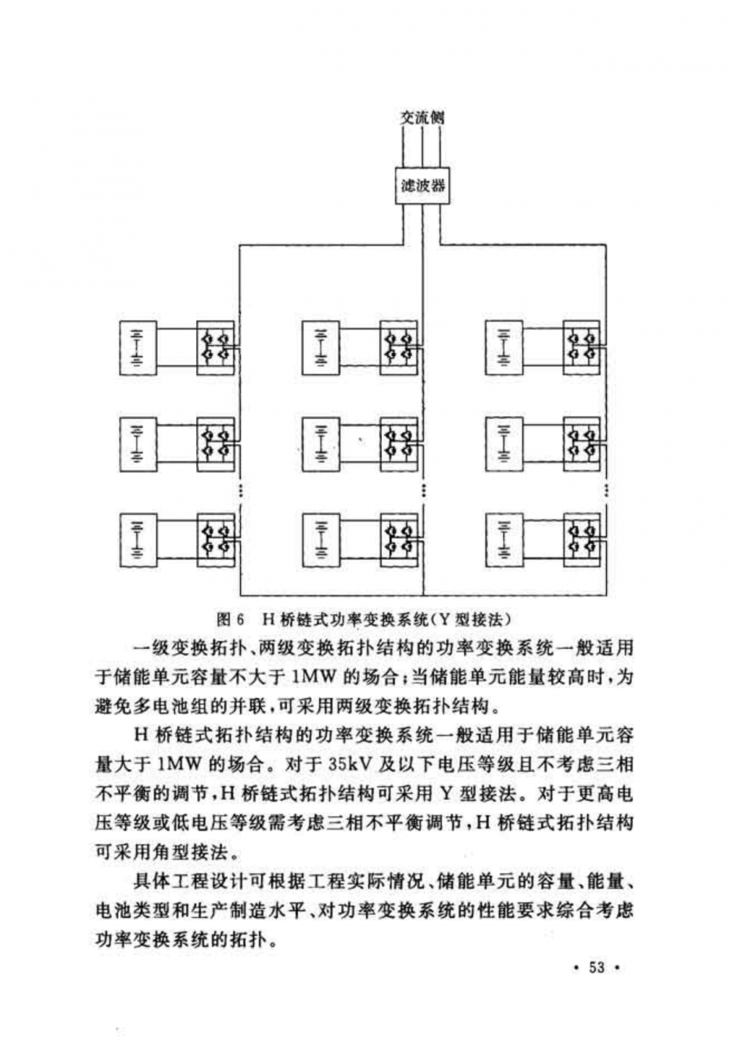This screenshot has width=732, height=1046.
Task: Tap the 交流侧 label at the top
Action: click(422, 116)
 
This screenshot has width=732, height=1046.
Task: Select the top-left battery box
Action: click(137, 347)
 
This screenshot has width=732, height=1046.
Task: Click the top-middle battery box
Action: click(321, 347)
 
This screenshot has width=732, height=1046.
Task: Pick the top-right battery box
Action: click(504, 347)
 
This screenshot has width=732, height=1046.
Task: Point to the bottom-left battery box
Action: click(137, 540)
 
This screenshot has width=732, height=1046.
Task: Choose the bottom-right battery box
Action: click(504, 540)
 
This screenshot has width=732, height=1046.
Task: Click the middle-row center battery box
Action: click(321, 444)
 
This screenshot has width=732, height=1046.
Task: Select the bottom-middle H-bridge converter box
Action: click(399, 540)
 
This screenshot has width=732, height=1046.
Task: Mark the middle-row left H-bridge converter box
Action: click(215, 444)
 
